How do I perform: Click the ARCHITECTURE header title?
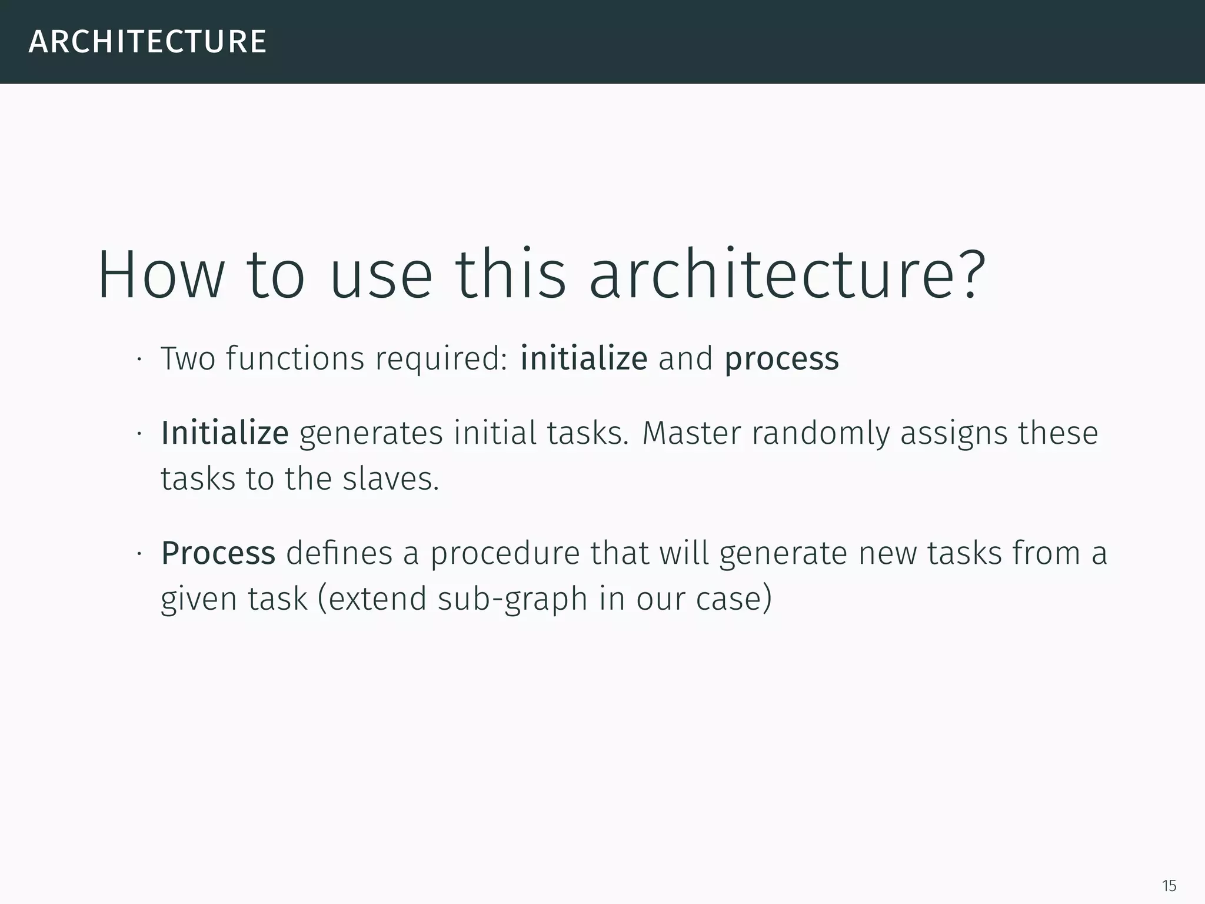coord(148,42)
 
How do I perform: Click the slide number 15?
coord(1169,886)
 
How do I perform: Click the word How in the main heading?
coord(161,275)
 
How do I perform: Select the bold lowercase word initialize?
coord(584,358)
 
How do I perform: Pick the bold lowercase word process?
coord(781,359)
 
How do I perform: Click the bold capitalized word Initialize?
coord(225,433)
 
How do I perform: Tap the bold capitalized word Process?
coord(218,553)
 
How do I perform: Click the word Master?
coord(691,433)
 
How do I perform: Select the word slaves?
coord(391,478)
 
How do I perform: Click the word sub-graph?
coord(512,599)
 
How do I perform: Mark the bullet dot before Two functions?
coord(139,360)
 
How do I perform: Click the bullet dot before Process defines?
coord(139,554)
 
